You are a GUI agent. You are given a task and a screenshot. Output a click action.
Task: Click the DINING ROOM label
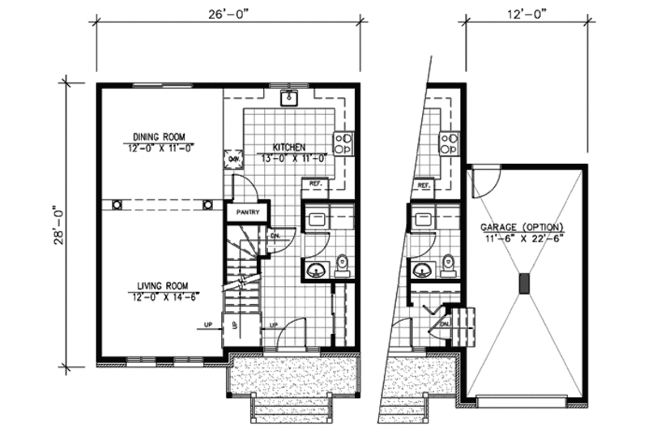point(160,136)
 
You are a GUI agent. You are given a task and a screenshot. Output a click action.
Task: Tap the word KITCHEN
point(288,147)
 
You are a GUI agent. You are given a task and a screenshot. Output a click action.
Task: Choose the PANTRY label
point(247,212)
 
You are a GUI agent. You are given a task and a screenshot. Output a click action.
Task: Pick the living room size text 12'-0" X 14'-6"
point(162,296)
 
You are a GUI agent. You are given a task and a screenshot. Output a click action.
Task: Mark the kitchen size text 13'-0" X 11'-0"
point(288,158)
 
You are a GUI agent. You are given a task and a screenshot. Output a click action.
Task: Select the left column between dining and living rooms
point(117,204)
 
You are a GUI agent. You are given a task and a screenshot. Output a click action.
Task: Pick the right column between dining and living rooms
point(208,204)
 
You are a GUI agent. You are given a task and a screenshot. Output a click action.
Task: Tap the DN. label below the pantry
point(275,236)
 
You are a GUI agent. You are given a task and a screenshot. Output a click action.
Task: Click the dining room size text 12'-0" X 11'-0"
point(160,148)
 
